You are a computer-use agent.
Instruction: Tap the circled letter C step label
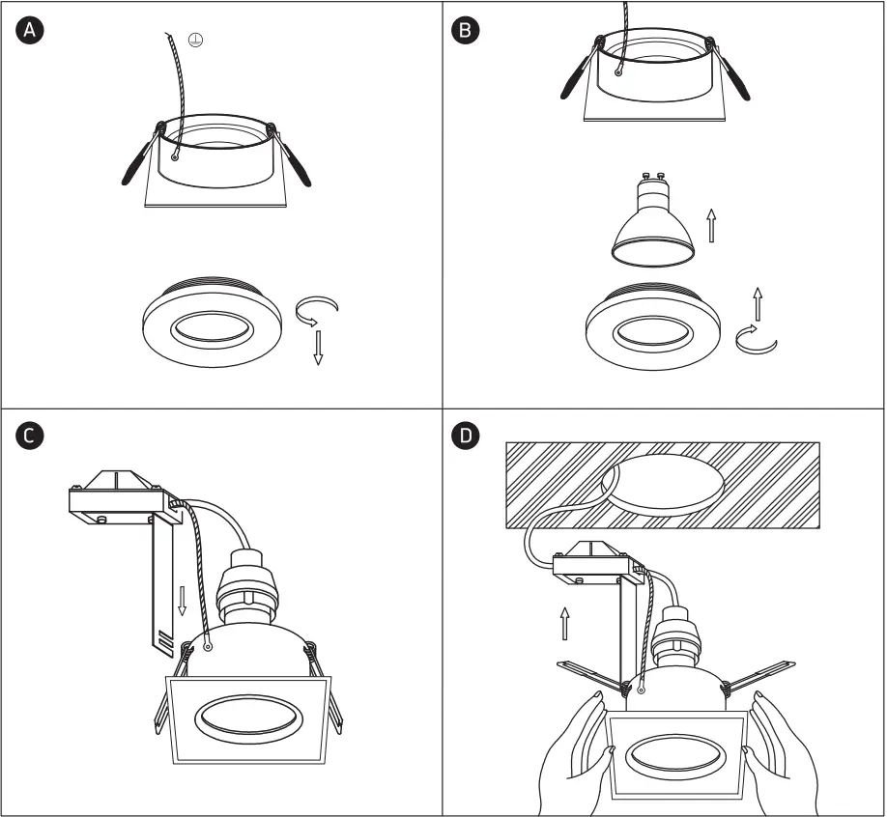[30, 436]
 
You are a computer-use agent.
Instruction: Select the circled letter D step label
[466, 436]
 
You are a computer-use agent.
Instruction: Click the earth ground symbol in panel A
[196, 41]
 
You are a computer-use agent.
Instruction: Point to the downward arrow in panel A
[318, 346]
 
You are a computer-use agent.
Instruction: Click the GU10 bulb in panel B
[653, 223]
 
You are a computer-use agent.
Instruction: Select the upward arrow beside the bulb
[712, 226]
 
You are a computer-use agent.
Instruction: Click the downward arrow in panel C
[182, 600]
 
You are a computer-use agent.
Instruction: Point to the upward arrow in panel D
[565, 623]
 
